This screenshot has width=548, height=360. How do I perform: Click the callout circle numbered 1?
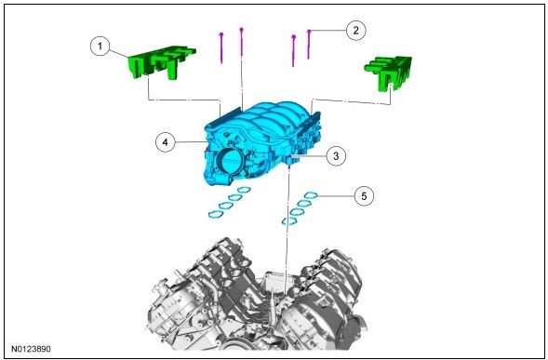pos(100,47)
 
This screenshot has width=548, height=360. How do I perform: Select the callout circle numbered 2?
pos(355,31)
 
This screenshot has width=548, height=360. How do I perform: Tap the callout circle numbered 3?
pos(336,155)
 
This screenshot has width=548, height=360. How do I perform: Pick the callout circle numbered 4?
pos(165,142)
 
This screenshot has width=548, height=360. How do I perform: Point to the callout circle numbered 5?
pos(364,196)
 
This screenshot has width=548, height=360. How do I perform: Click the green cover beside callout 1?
pos(161,62)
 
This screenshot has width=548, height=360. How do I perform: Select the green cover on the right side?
pos(389,73)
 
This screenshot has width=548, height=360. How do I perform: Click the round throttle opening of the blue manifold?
pos(230,161)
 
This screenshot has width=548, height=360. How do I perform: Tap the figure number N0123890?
pos(31,349)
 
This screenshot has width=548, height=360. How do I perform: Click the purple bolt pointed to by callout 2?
pos(309,45)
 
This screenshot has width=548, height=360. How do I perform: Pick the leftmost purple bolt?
pos(221,47)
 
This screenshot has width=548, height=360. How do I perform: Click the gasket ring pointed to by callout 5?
pos(311,195)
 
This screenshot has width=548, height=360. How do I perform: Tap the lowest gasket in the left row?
pos(216,214)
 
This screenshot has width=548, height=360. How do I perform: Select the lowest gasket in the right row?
pos(289,220)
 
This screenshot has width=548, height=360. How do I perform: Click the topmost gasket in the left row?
pos(244,190)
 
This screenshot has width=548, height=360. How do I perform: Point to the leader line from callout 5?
pos(336,196)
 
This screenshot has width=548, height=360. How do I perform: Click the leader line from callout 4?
pos(191,142)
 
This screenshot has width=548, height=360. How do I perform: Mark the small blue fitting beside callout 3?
pos(292,160)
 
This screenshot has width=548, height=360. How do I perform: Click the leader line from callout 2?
pos(328,31)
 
